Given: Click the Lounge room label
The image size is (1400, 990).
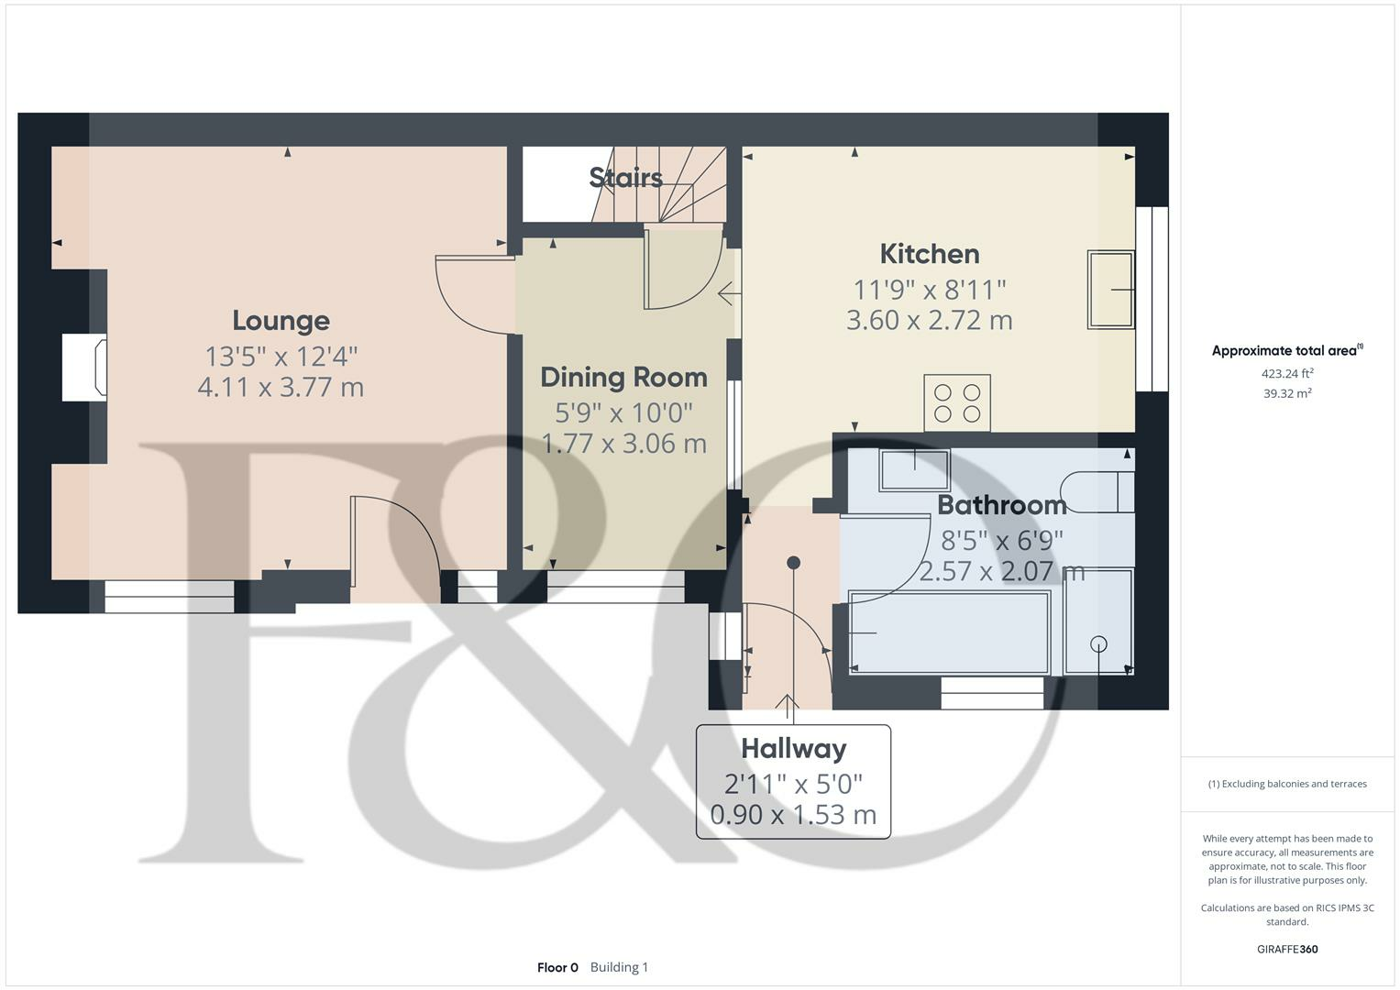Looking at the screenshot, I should (281, 321).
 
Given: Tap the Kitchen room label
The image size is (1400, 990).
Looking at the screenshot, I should (930, 254).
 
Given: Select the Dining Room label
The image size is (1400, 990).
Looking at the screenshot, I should (623, 378).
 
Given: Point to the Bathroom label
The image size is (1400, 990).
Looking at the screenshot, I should (1001, 505).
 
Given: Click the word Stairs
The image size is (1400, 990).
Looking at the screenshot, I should (626, 177).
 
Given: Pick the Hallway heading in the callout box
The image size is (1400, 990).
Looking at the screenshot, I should (793, 749).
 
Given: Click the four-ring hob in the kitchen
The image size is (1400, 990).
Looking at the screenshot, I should (957, 402).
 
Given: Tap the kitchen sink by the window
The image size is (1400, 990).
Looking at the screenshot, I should (1110, 289).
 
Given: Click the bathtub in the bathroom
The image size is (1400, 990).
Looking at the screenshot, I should (949, 633).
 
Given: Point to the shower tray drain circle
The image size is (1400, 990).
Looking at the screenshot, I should (1098, 644).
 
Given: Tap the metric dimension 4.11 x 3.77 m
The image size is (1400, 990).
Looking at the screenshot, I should (281, 387).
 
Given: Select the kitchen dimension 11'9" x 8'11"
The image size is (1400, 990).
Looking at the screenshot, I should (930, 290).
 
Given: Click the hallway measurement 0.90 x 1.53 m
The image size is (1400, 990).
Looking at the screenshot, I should (793, 814).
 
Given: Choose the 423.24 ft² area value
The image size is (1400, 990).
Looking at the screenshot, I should (1287, 374).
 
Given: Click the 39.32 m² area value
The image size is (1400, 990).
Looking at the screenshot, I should (1287, 393).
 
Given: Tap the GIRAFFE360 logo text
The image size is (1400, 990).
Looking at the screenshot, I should (1287, 949).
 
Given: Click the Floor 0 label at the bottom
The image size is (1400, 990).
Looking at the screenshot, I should (557, 967).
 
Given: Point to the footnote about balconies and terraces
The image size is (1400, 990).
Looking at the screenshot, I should (1287, 784).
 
